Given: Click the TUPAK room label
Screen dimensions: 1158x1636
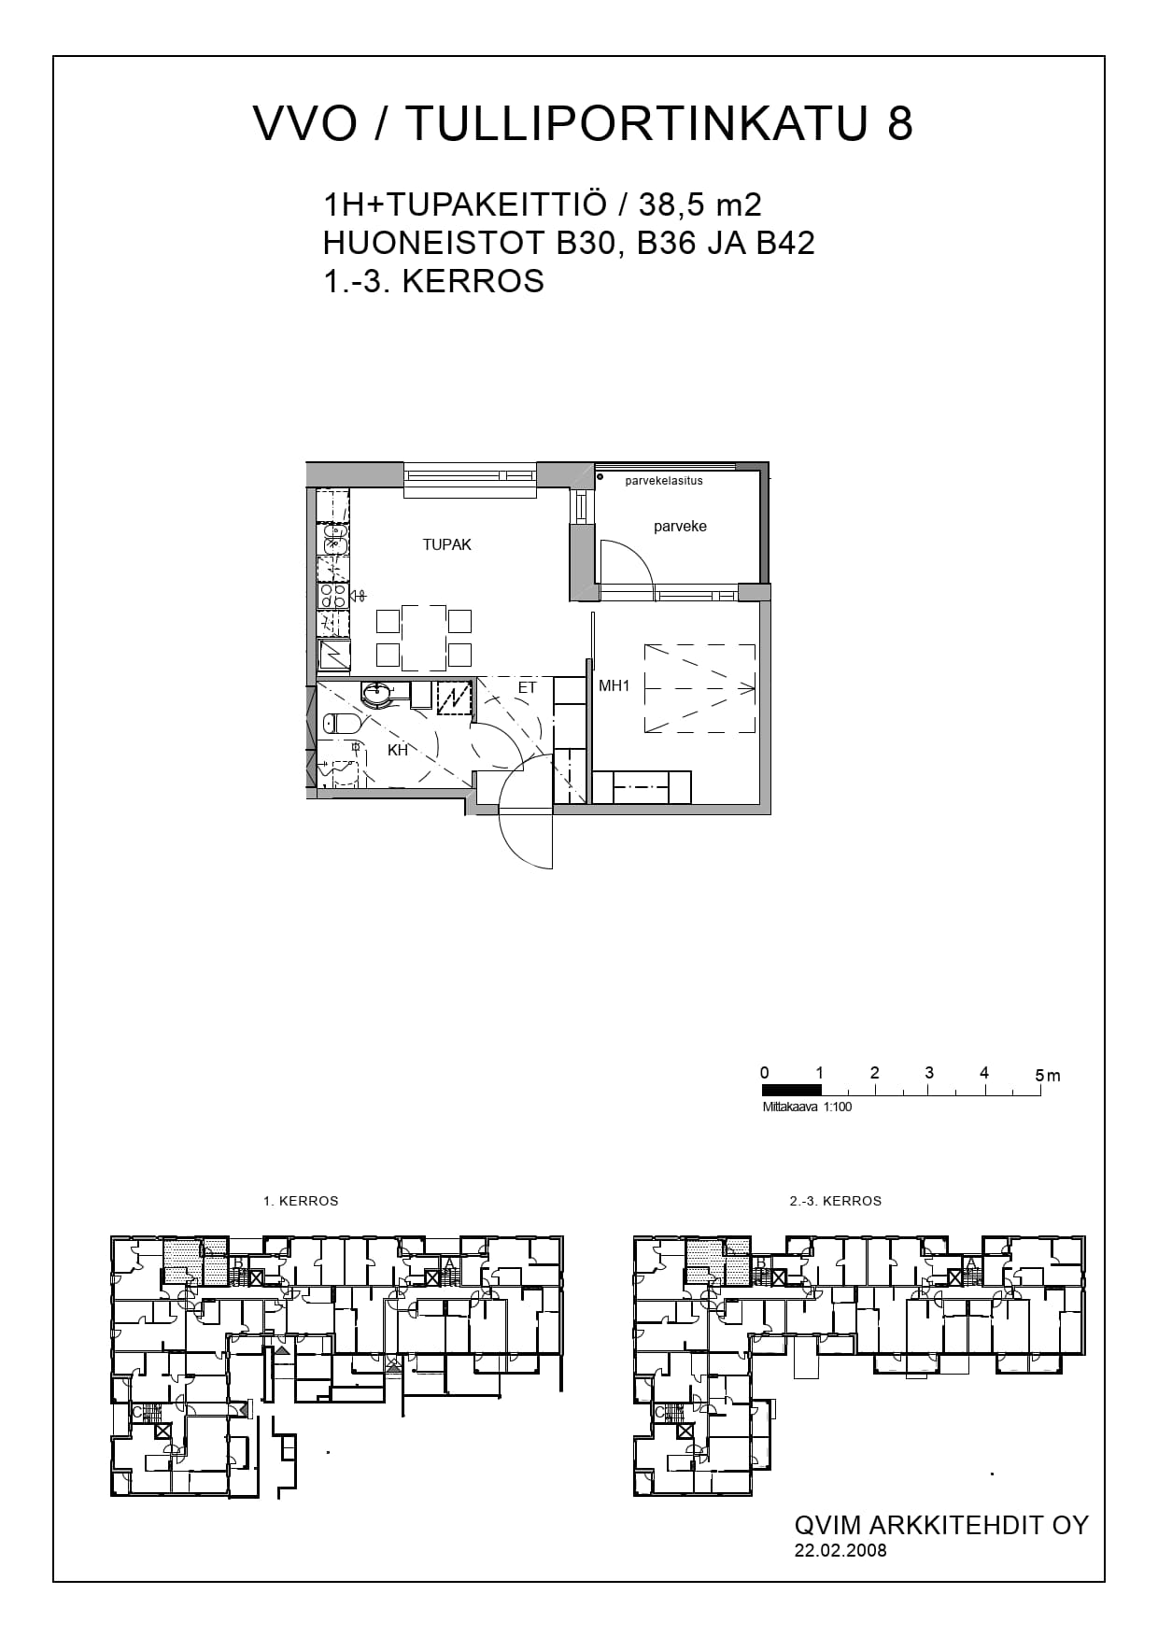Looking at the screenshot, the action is [446, 544].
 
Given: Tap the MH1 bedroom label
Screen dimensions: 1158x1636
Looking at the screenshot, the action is [614, 685].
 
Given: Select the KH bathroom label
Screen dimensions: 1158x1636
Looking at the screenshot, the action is [398, 750].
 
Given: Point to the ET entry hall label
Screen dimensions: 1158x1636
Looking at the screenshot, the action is [527, 688].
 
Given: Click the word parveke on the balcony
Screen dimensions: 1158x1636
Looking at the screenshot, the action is [680, 527].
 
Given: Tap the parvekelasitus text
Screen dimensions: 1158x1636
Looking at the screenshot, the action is [664, 481].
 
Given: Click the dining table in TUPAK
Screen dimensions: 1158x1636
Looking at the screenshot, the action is [423, 638].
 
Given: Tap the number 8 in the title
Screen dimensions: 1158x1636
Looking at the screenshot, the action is [899, 123].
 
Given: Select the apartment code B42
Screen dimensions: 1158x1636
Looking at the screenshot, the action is [785, 243].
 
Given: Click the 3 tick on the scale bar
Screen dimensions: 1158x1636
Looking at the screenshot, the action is [929, 1073].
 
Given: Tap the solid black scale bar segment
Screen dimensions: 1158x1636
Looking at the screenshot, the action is [792, 1089].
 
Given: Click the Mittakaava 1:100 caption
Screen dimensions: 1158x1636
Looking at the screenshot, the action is [807, 1107].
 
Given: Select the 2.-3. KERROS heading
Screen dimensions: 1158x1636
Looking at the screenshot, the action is [835, 1201].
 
